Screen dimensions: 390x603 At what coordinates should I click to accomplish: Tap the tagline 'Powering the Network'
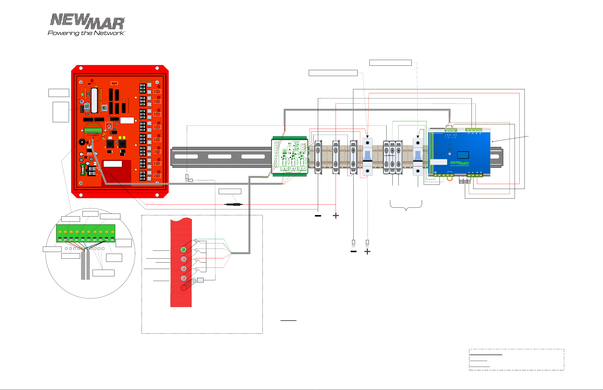[x=86, y=33]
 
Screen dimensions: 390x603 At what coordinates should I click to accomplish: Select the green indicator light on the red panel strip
[x=183, y=250]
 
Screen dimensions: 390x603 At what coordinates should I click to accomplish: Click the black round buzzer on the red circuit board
[x=82, y=142]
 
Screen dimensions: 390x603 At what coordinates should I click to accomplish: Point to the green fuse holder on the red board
[x=82, y=170]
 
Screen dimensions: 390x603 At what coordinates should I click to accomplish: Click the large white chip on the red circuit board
[x=94, y=101]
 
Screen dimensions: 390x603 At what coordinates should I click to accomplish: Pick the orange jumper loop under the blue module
[x=450, y=179]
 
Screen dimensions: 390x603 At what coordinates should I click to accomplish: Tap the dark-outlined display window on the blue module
[x=463, y=155]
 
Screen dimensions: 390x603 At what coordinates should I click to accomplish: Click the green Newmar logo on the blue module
[x=459, y=163]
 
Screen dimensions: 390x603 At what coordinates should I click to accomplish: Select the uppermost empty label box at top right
[x=390, y=63]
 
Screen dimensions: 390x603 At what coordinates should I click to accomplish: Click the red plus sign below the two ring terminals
[x=367, y=251]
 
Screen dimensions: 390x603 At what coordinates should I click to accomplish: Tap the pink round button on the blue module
[x=450, y=154]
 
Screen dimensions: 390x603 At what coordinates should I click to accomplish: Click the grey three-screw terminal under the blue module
[x=465, y=182]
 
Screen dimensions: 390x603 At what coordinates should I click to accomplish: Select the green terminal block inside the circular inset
[x=86, y=233]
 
